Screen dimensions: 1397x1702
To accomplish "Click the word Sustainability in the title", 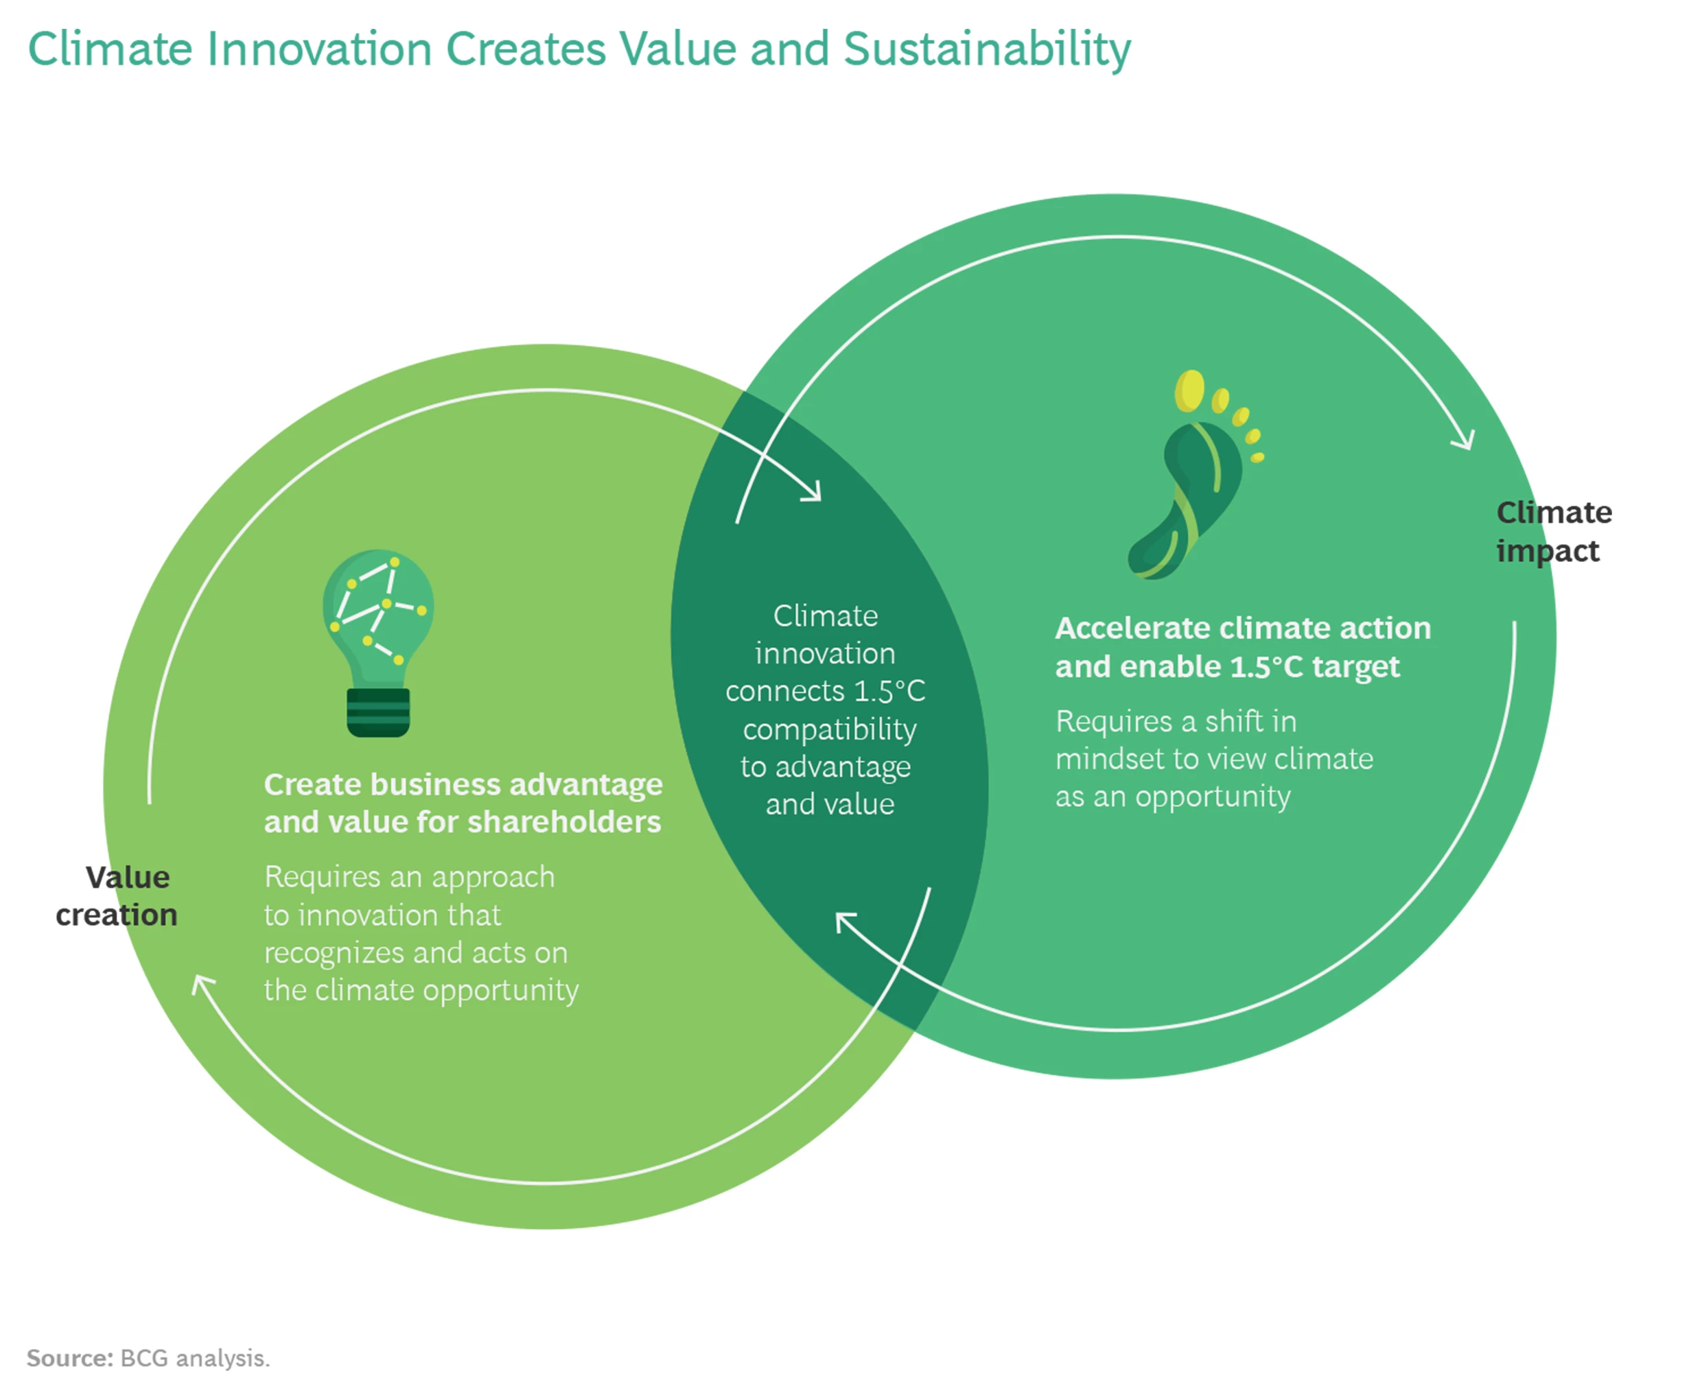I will pos(987,50).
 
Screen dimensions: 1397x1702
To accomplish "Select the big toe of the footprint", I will pos(1189,390).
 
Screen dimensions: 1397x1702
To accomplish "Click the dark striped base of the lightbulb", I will pos(378,712).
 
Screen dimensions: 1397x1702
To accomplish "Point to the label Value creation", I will pos(117,895).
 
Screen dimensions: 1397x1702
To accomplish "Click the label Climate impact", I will pos(1552,532).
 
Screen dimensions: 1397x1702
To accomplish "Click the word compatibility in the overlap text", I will pos(829,729).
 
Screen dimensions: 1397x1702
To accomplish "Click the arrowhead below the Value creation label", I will pos(202,985).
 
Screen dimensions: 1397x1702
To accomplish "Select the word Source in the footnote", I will pos(69,1359).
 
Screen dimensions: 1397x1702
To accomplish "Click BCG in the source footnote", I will pos(144,1359).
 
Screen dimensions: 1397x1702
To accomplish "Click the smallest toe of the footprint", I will pos(1257,457).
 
